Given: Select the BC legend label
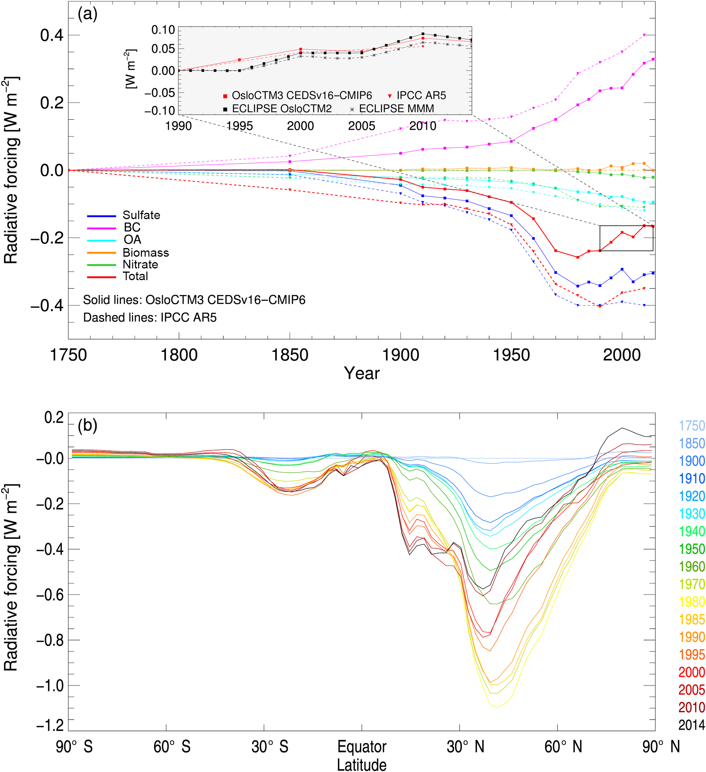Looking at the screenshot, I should click(x=132, y=227).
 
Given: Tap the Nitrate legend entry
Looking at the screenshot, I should click(x=140, y=265).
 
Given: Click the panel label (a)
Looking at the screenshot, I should click(x=87, y=14).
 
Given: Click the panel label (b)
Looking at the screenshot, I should click(x=87, y=425).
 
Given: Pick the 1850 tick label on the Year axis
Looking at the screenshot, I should click(x=290, y=355).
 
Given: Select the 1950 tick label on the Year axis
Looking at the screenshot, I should click(x=511, y=355).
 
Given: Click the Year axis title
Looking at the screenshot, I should click(x=362, y=373).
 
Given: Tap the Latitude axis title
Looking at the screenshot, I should click(x=362, y=765).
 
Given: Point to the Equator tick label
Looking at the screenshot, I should click(x=362, y=747).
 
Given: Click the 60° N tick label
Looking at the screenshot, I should click(x=563, y=747).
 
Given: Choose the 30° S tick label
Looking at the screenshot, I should click(x=270, y=747).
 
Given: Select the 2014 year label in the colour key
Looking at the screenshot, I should click(x=692, y=725).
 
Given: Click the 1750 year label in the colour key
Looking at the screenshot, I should click(x=692, y=426).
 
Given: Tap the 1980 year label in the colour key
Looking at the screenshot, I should click(x=692, y=602).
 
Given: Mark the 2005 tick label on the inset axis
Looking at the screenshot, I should click(x=362, y=126).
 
